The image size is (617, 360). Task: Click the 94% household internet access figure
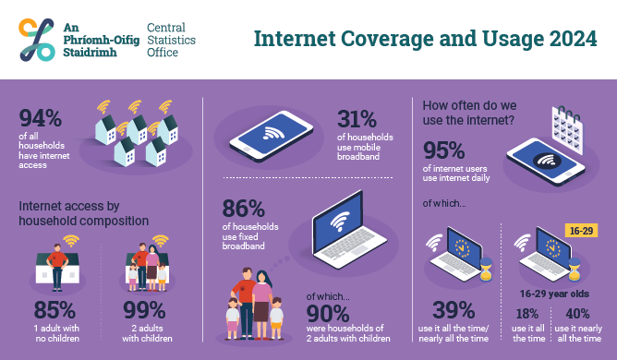click(40, 120)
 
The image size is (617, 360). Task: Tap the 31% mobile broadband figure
click(357, 119)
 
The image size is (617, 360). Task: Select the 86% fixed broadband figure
click(242, 209)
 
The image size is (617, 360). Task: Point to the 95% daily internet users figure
click(444, 149)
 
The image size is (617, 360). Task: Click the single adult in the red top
click(56, 263)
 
